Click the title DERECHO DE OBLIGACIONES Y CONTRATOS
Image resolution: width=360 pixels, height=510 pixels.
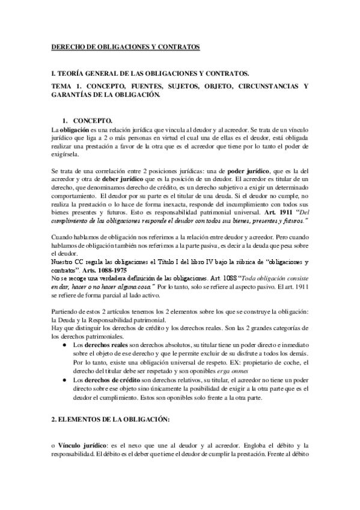click(125, 47)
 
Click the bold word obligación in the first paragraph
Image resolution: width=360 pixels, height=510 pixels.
click(73, 130)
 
